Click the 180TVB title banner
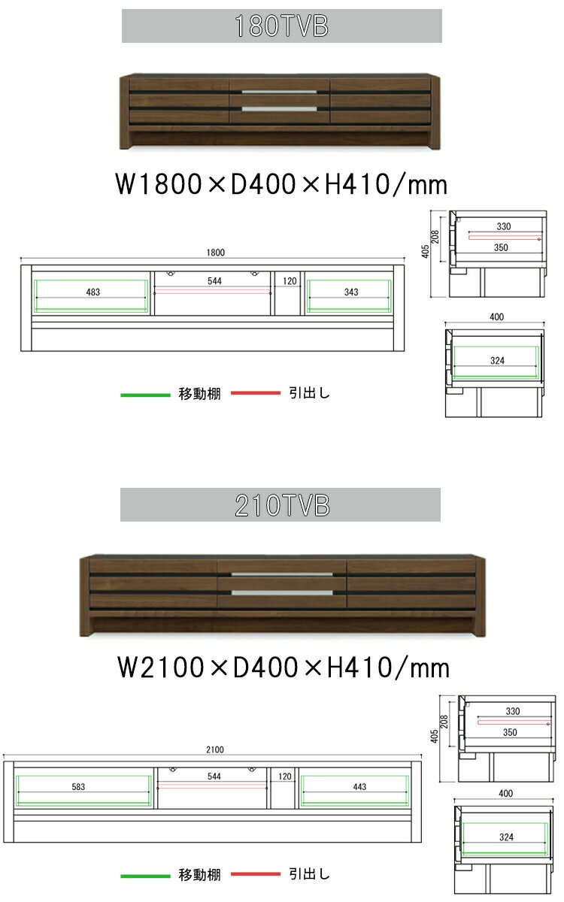[x=281, y=26]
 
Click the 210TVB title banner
[x=280, y=504]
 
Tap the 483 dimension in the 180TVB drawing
[x=93, y=292]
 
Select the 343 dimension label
[x=351, y=292]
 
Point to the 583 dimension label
[x=78, y=786]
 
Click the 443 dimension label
[x=359, y=786]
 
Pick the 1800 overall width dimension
[x=216, y=253]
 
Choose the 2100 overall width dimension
[x=215, y=749]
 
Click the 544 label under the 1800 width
[x=215, y=280]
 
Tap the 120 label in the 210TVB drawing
[x=285, y=776]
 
